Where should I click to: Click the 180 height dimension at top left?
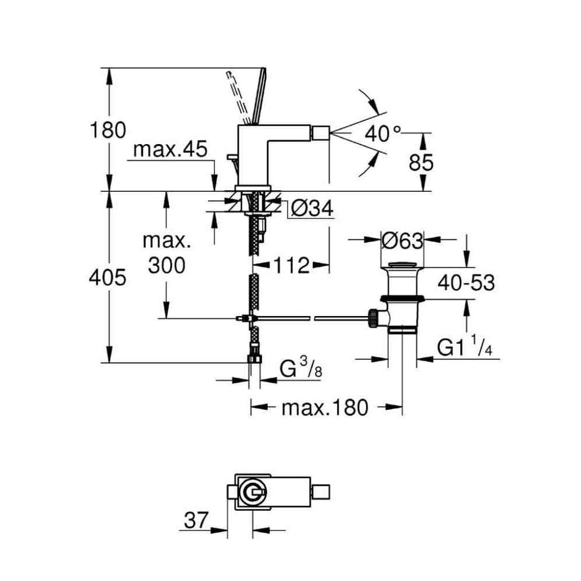[x=108, y=130]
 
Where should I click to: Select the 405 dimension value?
[x=107, y=277]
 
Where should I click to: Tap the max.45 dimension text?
[x=170, y=150]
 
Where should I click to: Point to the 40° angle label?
[x=382, y=134]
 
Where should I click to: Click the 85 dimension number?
[x=421, y=162]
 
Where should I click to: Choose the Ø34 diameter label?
[x=311, y=209]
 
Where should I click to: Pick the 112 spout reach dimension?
[x=292, y=266]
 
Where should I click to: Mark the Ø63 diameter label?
[x=402, y=241]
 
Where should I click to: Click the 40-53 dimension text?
[x=466, y=284]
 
